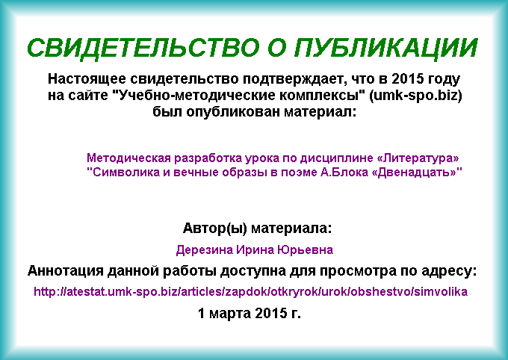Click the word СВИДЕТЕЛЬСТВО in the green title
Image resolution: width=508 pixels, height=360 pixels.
143,48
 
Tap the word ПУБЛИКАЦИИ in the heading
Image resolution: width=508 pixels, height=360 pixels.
386,48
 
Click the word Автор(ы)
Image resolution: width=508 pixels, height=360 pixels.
215,228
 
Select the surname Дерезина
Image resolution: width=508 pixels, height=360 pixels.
205,249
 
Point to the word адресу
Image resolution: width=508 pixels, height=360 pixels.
449,271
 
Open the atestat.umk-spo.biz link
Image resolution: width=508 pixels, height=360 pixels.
250,291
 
